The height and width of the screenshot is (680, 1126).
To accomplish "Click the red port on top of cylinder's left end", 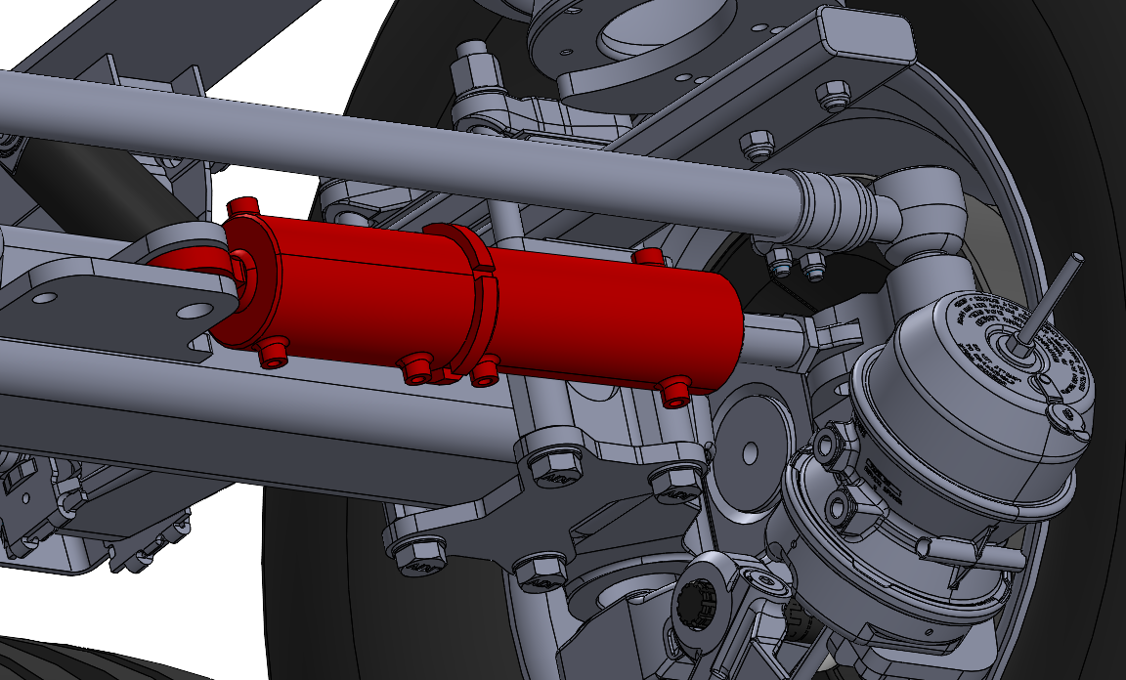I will click(242, 206).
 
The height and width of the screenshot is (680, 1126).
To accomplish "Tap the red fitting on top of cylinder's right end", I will click(647, 257).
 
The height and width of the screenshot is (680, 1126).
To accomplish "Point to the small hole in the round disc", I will click(751, 451).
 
